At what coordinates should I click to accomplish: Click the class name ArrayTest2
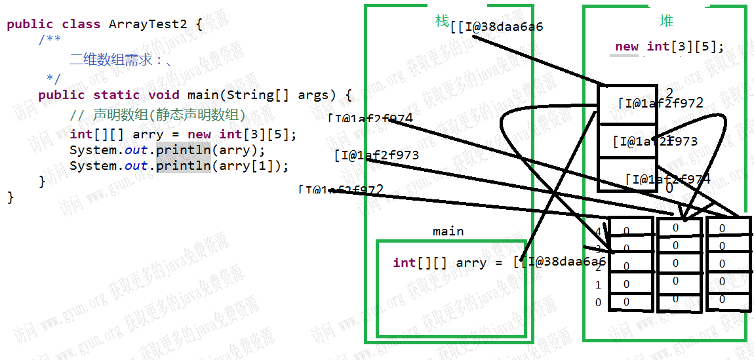[148, 24]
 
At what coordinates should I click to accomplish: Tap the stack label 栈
[442, 21]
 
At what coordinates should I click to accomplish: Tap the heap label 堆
[666, 22]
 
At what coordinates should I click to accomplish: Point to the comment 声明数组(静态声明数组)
[169, 115]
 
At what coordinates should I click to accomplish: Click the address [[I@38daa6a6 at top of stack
[497, 27]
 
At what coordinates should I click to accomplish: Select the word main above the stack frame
[448, 231]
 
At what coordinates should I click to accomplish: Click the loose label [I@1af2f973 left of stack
[376, 155]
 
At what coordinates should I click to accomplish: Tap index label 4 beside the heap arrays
[598, 231]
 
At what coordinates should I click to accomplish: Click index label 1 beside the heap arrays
[598, 285]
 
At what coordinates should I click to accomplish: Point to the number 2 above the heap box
[669, 92]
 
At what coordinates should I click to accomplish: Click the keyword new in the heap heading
[627, 47]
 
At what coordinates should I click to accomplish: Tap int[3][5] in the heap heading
[685, 47]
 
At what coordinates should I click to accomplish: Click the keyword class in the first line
[81, 24]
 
